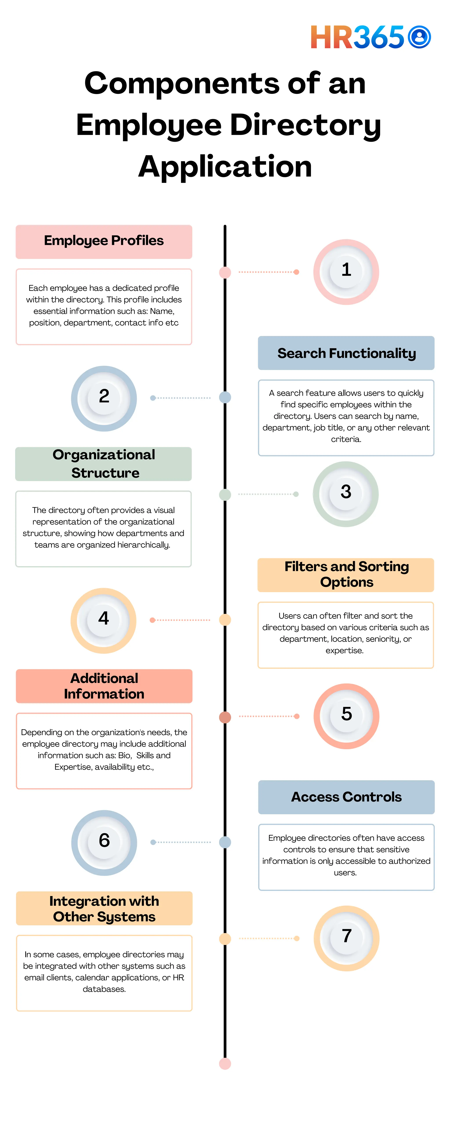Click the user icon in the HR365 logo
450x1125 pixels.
click(x=419, y=37)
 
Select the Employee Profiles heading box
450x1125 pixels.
click(x=104, y=241)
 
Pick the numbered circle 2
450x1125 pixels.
click(x=104, y=398)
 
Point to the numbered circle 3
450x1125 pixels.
click(x=346, y=494)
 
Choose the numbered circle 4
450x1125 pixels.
click(x=103, y=620)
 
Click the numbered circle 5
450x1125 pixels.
click(x=347, y=716)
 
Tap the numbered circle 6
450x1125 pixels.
click(x=104, y=842)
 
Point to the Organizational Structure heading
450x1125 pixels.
click(x=104, y=464)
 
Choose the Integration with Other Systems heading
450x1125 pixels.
click(x=104, y=908)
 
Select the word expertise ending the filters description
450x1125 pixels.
click(x=344, y=651)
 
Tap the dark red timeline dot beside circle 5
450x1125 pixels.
click(x=225, y=717)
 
